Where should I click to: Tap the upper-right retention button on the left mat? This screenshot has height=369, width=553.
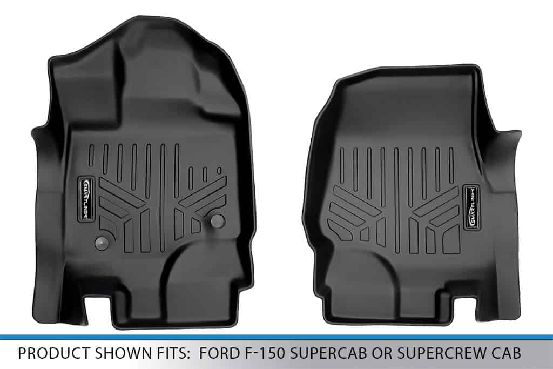217,220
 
